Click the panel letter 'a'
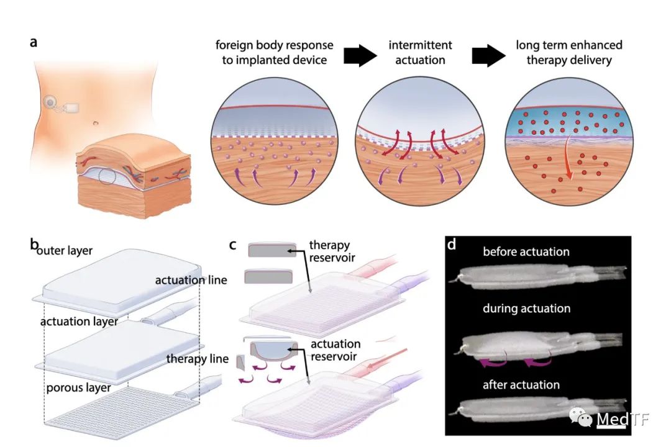click(34, 43)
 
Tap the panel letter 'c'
click(232, 245)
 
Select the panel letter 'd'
click(452, 244)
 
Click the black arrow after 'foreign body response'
click(360, 55)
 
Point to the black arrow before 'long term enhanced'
click(488, 55)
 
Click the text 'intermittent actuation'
click(420, 52)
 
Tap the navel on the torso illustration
click(96, 123)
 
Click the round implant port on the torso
click(50, 102)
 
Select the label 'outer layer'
click(65, 250)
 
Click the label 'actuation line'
click(191, 280)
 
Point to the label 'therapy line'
click(198, 358)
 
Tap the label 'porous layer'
click(78, 388)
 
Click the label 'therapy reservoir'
click(332, 251)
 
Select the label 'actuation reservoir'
click(335, 350)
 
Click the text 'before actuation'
click(526, 251)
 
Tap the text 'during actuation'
click(526, 309)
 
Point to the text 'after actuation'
click(521, 385)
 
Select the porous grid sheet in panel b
click(122, 412)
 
